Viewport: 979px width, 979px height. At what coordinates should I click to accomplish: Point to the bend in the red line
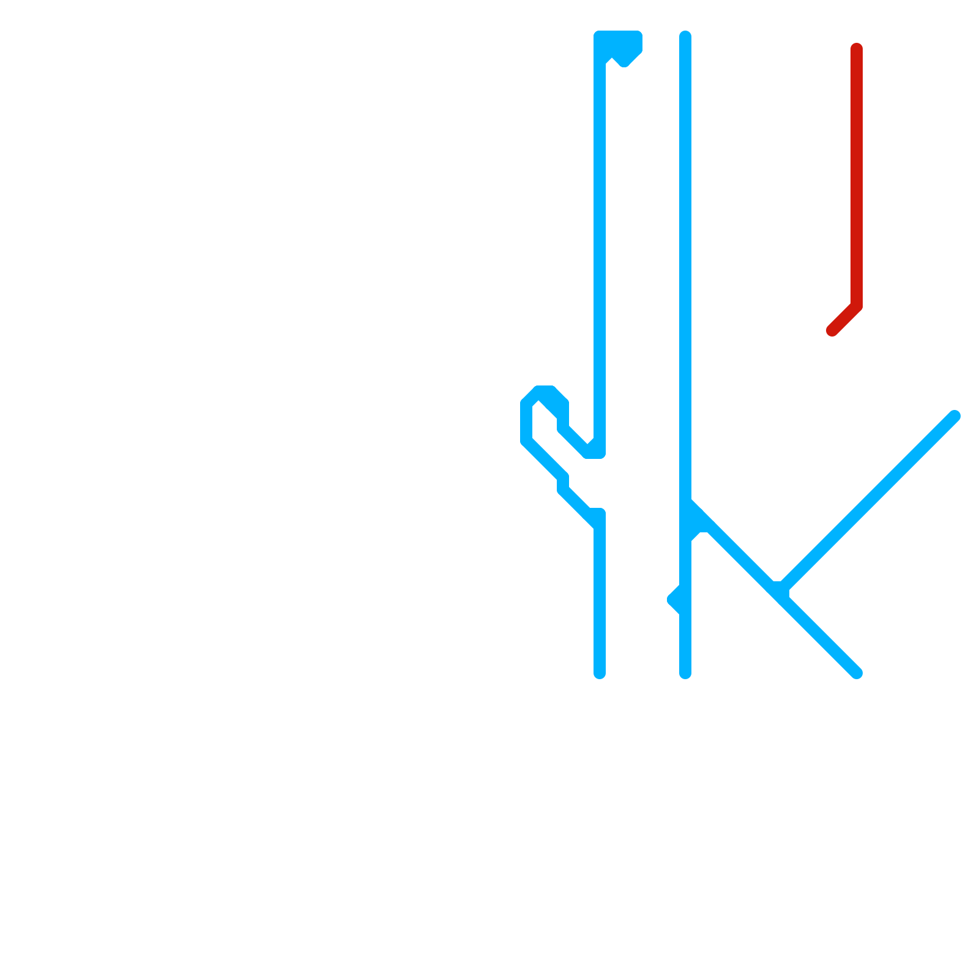pyautogui.click(x=857, y=306)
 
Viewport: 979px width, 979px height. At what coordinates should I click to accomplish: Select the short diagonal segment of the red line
pyautogui.click(x=844, y=318)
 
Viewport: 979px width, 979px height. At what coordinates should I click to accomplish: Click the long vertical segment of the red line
pyautogui.click(x=857, y=177)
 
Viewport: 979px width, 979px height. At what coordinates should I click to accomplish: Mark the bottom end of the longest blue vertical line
pyautogui.click(x=685, y=673)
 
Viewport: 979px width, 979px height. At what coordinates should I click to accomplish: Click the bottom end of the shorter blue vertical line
pyautogui.click(x=600, y=673)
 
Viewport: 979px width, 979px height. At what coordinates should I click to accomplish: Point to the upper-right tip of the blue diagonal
pyautogui.click(x=955, y=416)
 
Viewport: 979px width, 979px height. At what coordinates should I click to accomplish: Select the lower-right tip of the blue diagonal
pyautogui.click(x=857, y=673)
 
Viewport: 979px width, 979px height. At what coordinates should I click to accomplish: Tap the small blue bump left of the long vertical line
pyautogui.click(x=675, y=599)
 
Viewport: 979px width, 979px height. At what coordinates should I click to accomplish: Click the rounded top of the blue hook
pyautogui.click(x=545, y=392)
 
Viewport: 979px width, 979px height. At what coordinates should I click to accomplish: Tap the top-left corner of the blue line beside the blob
pyautogui.click(x=600, y=37)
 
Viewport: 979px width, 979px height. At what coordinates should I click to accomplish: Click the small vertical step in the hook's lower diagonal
pyautogui.click(x=563, y=483)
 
